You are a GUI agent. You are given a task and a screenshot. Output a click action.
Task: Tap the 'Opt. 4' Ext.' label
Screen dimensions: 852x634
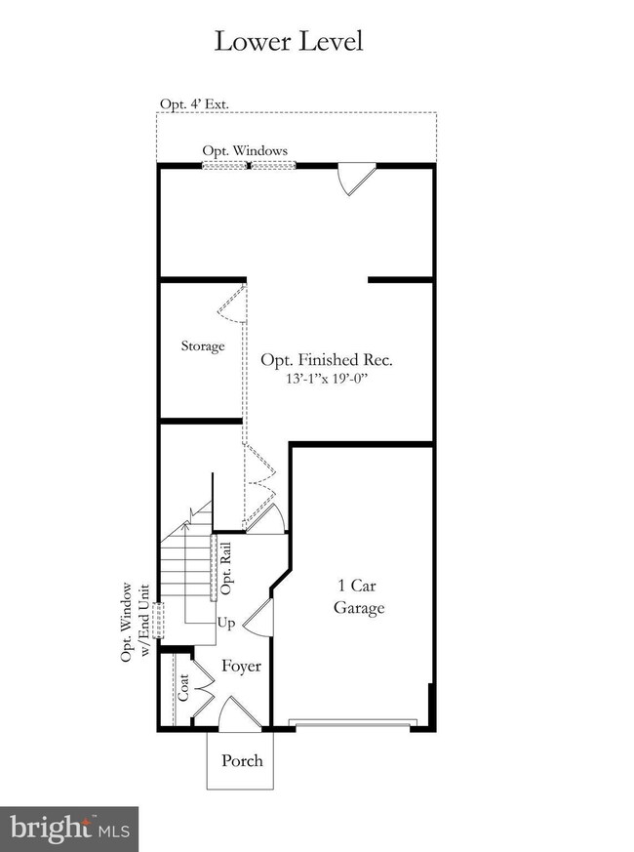pyautogui.click(x=194, y=104)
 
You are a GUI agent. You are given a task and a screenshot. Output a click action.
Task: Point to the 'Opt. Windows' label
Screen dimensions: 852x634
pyautogui.click(x=245, y=150)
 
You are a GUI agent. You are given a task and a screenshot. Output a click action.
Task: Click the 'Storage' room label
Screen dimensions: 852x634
pyautogui.click(x=203, y=346)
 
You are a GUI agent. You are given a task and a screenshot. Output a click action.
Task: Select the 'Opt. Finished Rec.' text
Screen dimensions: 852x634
pyautogui.click(x=333, y=360)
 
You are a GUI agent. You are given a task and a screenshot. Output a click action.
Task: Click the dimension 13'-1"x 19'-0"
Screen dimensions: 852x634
pyautogui.click(x=333, y=380)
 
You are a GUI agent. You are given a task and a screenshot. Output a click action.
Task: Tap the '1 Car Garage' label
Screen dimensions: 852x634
pyautogui.click(x=359, y=596)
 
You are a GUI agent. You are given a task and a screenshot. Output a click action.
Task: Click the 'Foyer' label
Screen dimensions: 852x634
pyautogui.click(x=241, y=667)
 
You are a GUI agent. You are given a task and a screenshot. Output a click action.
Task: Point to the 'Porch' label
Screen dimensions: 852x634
pyautogui.click(x=242, y=760)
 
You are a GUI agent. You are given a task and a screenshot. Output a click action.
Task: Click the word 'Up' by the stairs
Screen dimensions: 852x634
pyautogui.click(x=226, y=622)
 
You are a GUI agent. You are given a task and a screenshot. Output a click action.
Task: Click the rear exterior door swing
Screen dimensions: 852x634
pyautogui.click(x=351, y=180)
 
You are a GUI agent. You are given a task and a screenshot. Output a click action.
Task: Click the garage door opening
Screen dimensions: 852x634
pyautogui.click(x=353, y=723)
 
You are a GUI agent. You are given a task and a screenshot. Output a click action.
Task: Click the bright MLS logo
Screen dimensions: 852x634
pyautogui.click(x=69, y=830)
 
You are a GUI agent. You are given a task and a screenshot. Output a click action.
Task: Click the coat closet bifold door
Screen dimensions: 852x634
pyautogui.click(x=206, y=689)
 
